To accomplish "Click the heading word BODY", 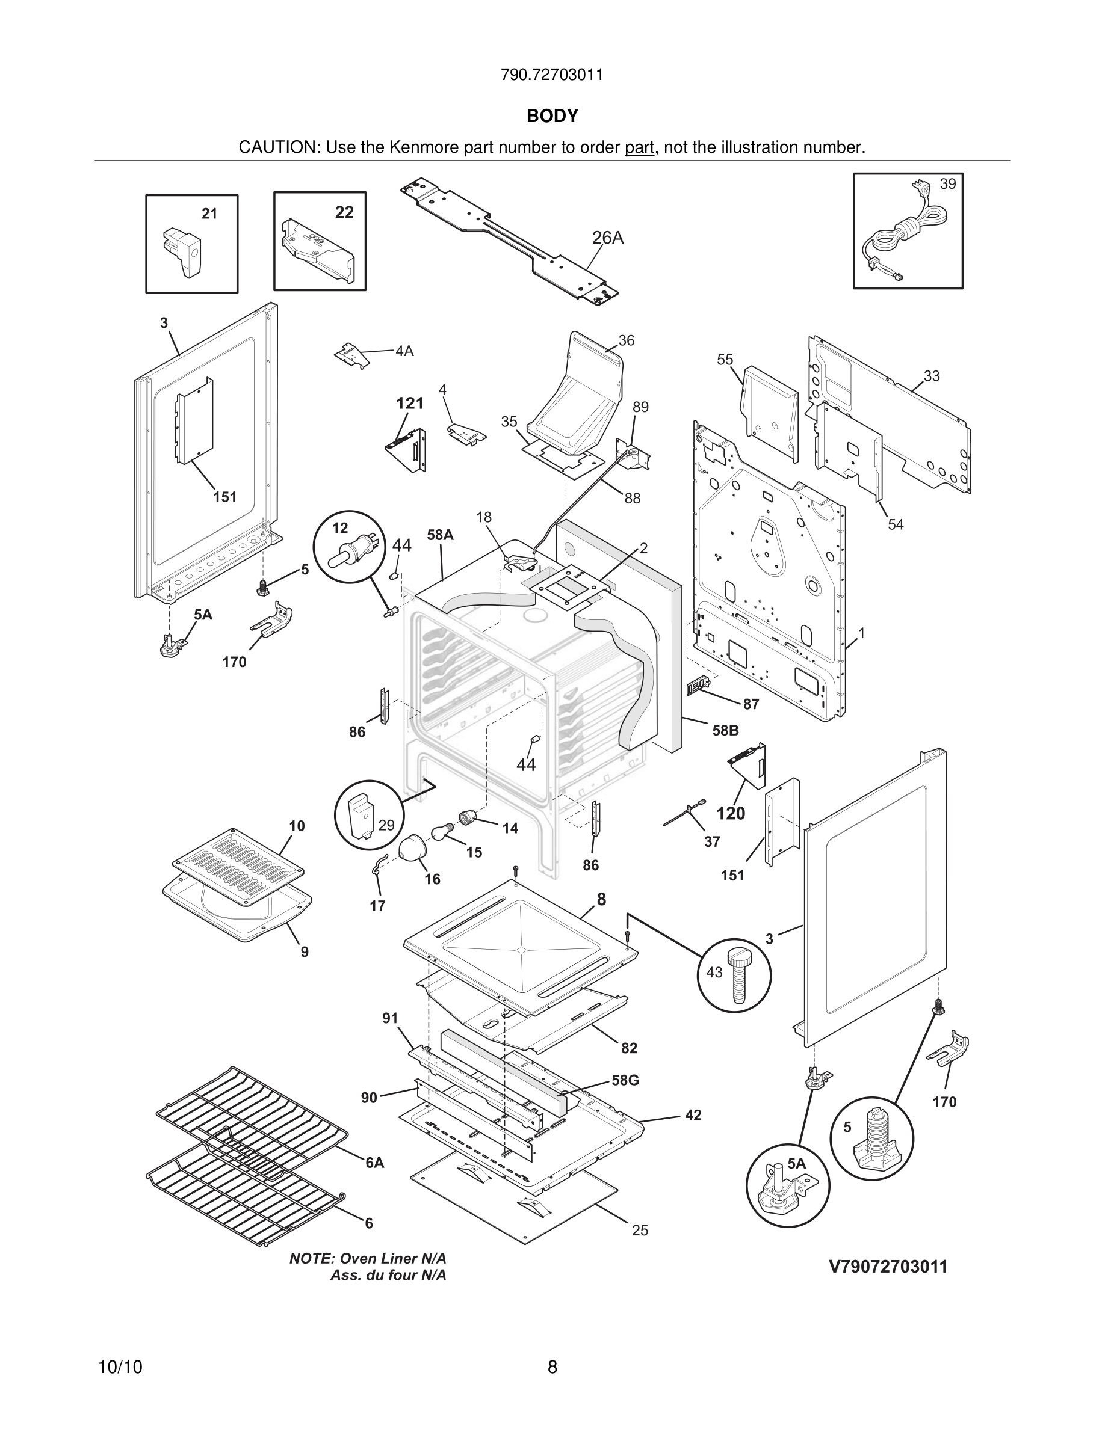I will point(552,116).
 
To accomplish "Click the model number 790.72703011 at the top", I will point(552,75).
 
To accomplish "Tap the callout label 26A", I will point(607,238).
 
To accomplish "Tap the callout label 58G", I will point(625,1080).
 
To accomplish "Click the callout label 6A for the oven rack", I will point(374,1163).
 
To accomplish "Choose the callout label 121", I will point(410,403).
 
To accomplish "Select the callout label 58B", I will point(725,730).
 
